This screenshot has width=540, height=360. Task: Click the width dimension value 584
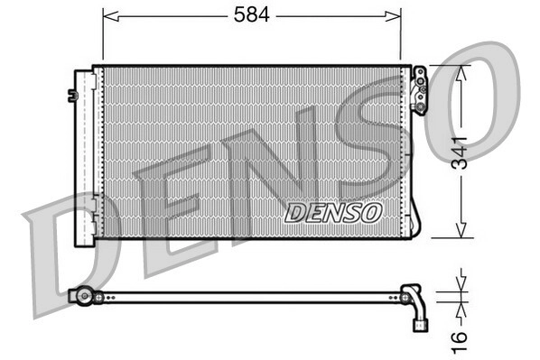[x=252, y=15]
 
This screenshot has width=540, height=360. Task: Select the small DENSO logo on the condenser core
[x=333, y=212]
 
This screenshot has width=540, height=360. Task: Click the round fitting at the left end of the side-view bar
[x=84, y=295]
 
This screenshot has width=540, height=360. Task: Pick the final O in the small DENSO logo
[x=371, y=212]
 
